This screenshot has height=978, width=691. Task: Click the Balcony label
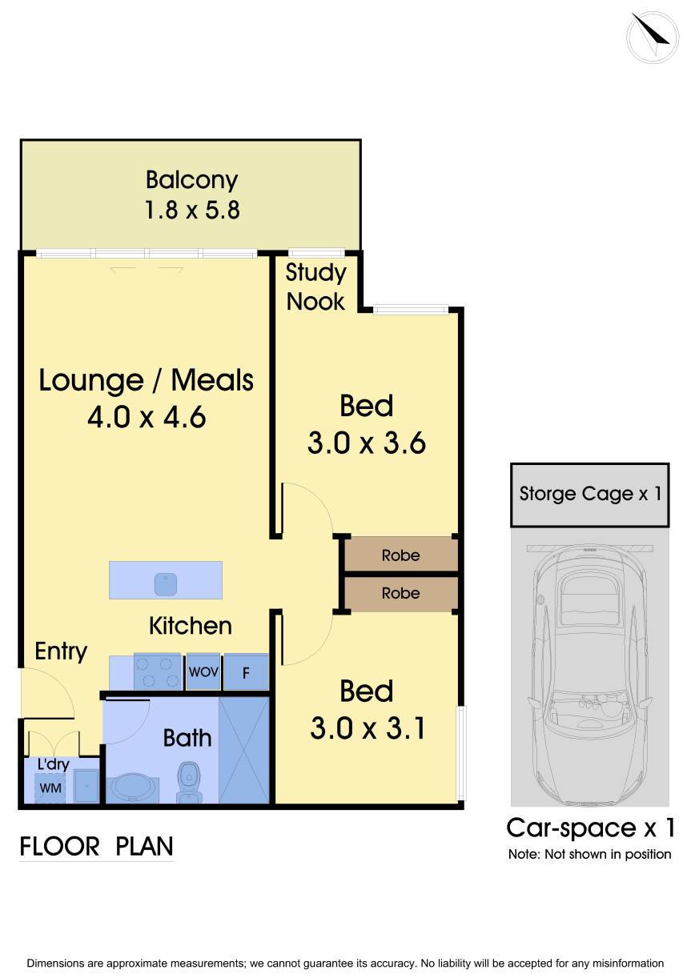191,180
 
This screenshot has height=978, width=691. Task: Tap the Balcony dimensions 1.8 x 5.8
191,210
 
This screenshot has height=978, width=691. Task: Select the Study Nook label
315,287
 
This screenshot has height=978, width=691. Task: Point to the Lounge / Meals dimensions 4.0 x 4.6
147,417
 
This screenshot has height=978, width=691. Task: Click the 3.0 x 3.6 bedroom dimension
367,443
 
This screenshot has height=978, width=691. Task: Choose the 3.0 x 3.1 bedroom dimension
368,728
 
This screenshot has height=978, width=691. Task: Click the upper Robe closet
400,554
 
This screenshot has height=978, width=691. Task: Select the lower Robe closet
400,593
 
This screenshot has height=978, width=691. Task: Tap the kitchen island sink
166,583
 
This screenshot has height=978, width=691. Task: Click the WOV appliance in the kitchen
203,671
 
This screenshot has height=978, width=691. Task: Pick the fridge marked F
246,672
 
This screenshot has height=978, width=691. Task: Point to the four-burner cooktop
157,671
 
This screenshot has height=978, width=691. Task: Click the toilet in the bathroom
189,783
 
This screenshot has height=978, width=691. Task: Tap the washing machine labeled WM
50,788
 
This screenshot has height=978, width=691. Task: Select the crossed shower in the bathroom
243,750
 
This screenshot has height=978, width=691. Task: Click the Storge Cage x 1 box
589,495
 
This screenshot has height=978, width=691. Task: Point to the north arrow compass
653,38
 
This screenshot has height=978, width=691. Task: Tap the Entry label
61,651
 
